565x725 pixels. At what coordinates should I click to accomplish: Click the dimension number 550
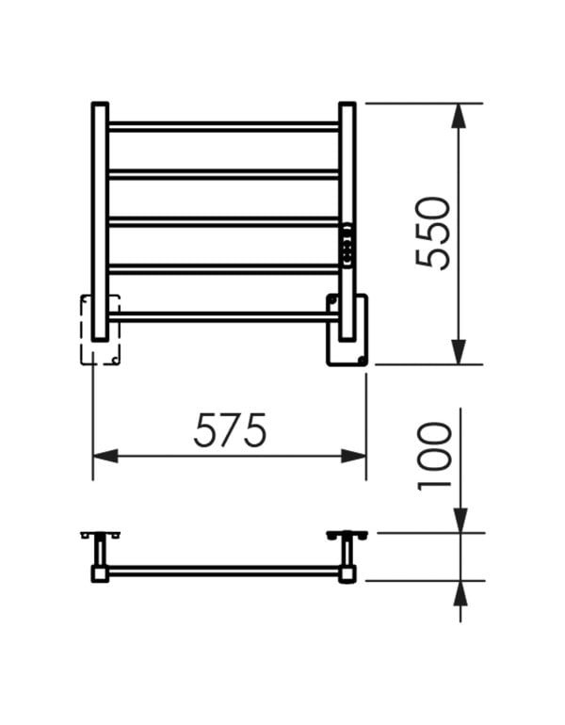[433, 233]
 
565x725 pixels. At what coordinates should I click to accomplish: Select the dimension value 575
[231, 430]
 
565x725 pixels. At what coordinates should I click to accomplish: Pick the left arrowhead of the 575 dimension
[105, 456]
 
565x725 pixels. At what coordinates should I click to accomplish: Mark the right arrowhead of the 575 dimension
[354, 456]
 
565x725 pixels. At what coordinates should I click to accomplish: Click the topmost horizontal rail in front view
[224, 126]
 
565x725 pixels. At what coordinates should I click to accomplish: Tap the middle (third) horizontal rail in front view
[224, 222]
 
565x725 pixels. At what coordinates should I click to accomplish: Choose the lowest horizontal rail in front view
[224, 316]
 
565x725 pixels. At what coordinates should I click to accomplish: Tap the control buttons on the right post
[348, 246]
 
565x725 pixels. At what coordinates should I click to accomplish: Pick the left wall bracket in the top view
[101, 538]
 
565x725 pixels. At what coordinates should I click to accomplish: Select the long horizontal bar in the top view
[224, 571]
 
